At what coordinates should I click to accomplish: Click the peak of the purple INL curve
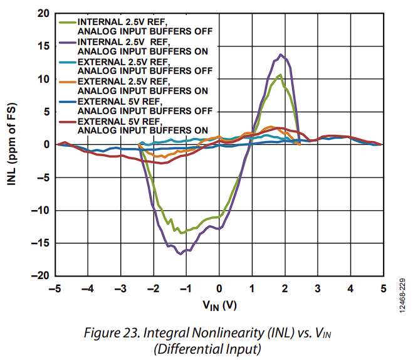pos(281,55)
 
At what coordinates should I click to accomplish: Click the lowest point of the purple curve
pos(180,253)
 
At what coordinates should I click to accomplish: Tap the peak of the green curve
pos(280,75)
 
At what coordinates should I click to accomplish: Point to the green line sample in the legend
pos(66,22)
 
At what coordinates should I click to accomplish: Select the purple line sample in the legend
pos(66,42)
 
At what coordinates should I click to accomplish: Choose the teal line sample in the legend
pos(66,62)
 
